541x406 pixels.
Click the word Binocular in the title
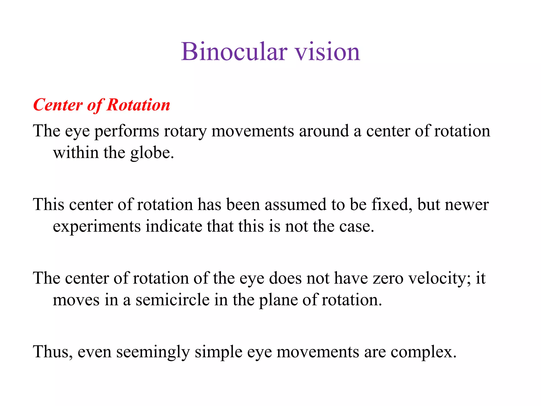tap(234, 52)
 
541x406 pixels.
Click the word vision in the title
tap(327, 52)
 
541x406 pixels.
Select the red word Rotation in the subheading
tap(138, 105)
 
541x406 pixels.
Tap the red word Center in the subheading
tap(58, 105)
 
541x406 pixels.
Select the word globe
tap(152, 153)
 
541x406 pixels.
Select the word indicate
tap(174, 227)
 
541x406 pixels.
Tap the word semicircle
tap(172, 300)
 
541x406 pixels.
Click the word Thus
tap(52, 352)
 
